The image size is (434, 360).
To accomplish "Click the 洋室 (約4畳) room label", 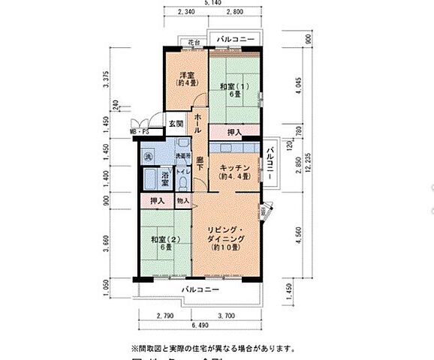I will point(187,79).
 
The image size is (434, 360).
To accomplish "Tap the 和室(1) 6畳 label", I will point(230,91).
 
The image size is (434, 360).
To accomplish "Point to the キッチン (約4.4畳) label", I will point(234,171).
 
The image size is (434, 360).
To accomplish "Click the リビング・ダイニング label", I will point(225,235).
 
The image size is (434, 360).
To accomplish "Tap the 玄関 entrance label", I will point(175,124).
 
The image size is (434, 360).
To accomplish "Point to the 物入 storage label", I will point(183,201).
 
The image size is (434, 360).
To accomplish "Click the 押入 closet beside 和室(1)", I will point(234,133).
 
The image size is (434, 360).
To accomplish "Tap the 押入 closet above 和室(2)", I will point(157,201).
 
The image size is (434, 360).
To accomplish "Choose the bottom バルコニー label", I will point(200,289).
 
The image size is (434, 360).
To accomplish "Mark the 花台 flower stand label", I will point(194,42).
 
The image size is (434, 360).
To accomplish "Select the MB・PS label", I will point(140,132).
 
